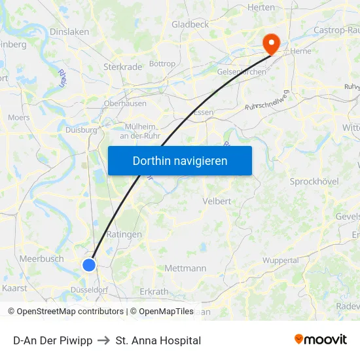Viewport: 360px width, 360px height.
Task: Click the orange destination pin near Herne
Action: [x=271, y=43]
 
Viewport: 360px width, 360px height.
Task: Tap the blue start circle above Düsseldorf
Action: [x=89, y=264]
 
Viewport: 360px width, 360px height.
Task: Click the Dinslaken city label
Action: [x=69, y=31]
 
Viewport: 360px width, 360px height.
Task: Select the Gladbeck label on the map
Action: [x=190, y=24]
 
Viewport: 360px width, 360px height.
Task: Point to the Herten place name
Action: [x=261, y=7]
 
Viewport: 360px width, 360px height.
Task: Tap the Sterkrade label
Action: [x=122, y=67]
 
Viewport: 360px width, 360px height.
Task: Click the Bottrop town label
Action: [x=162, y=64]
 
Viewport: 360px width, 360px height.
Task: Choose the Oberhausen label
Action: [x=125, y=103]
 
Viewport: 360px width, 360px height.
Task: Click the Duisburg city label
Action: [x=81, y=130]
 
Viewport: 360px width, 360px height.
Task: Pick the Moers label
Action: [x=19, y=118]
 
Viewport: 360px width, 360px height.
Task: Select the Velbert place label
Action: [x=217, y=201]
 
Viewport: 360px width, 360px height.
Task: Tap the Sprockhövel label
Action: [x=314, y=181]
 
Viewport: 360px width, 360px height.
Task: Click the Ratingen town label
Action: [x=124, y=234]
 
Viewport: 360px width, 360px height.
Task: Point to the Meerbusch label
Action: [x=42, y=259]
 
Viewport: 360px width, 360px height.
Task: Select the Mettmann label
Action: [x=185, y=268]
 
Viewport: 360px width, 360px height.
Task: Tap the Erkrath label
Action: [x=154, y=291]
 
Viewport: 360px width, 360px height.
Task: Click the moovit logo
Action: [x=321, y=340]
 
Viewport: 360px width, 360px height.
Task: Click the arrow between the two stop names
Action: [x=104, y=340]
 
